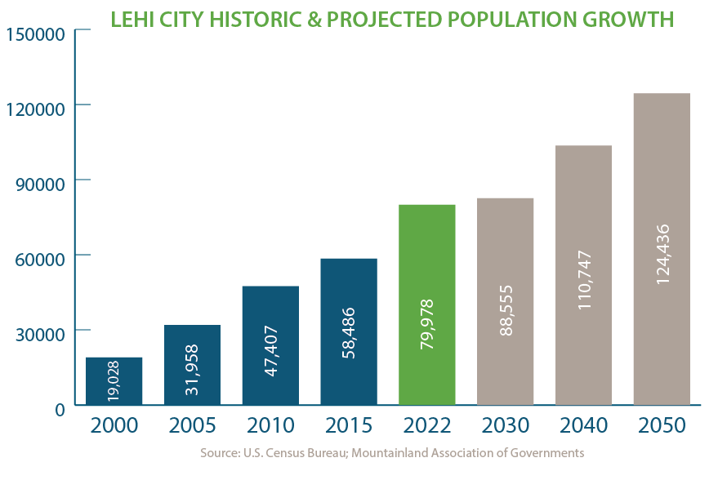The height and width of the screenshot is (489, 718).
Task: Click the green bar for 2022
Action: pyautogui.click(x=426, y=304)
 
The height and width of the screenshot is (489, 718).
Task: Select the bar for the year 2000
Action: pyautogui.click(x=114, y=380)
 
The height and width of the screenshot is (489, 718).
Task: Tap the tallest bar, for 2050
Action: pyautogui.click(x=662, y=248)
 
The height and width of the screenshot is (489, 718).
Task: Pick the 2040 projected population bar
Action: pyautogui.click(x=583, y=274)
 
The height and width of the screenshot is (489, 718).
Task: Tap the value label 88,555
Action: pyautogui.click(x=506, y=311)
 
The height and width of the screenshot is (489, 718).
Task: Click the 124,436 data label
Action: pyautogui.click(x=662, y=254)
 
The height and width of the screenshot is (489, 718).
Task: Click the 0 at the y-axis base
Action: pyautogui.click(x=60, y=409)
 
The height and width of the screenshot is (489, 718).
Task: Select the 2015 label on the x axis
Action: pyautogui.click(x=350, y=426)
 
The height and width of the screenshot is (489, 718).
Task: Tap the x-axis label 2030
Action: pyautogui.click(x=506, y=426)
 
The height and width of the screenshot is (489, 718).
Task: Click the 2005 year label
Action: pyautogui.click(x=193, y=426)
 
